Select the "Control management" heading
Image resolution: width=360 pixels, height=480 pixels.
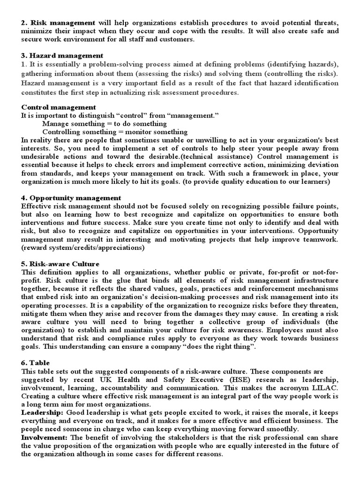click(59, 107)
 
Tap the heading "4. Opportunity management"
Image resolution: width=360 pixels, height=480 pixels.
click(71, 198)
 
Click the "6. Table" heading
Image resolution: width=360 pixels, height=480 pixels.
click(35, 363)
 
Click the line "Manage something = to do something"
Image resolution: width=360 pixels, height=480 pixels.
click(104, 124)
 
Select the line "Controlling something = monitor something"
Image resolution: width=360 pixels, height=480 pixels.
click(115, 132)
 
